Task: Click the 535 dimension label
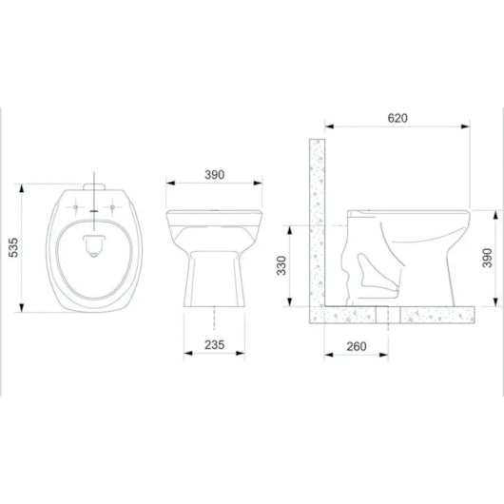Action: (14, 247)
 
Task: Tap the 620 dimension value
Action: (397, 118)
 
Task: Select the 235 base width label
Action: (214, 345)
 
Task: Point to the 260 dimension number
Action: (357, 346)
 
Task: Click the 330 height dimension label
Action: (281, 265)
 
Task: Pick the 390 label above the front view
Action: (214, 175)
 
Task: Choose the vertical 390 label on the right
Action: (487, 258)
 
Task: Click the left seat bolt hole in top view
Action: (75, 207)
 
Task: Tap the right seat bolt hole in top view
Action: (112, 207)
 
